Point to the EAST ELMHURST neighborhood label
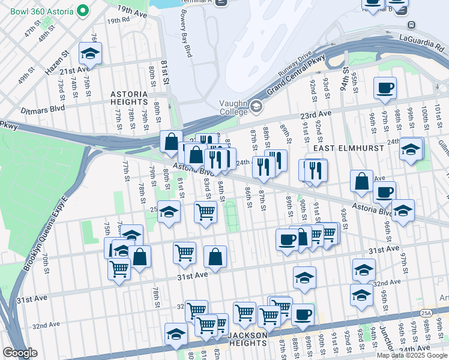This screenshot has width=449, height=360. pos(340,148)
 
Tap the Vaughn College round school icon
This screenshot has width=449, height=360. pos(256,107)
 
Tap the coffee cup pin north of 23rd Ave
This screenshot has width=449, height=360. pos(385,88)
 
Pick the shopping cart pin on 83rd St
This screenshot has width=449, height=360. pos(205,211)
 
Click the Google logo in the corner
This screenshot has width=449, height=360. pos(20,353)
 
